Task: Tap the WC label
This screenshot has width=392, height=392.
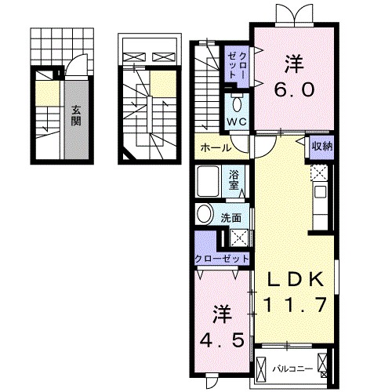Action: coord(238,122)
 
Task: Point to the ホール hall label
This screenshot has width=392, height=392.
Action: coord(216,147)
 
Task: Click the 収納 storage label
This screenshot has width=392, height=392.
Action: coord(321,146)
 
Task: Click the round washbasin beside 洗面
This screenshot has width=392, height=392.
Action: coord(204,215)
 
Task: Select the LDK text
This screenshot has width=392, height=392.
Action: coord(293,280)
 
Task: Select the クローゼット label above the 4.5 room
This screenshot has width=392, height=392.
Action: coord(222,259)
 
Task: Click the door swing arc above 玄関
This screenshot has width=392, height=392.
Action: coord(72,72)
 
